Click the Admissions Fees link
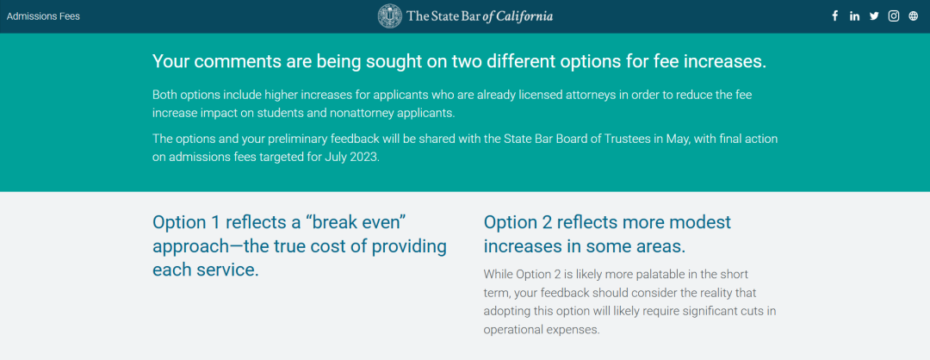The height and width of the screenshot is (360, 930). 43,16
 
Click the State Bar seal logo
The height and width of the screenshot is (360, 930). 390,16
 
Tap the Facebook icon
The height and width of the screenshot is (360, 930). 835,16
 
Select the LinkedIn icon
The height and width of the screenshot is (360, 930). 855,16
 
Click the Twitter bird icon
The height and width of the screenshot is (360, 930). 874,16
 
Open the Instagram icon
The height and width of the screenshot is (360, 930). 894,16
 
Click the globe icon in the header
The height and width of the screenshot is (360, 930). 914,16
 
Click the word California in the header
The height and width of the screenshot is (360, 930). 524,16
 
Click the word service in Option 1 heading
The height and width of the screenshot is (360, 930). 228,270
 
